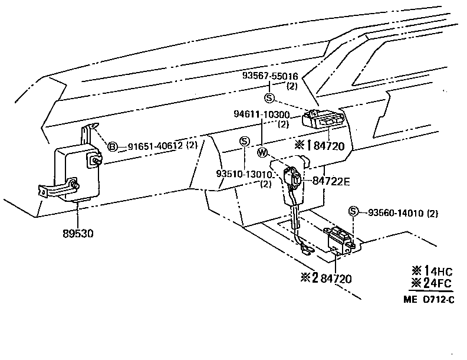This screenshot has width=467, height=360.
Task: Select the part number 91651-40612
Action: coord(153,146)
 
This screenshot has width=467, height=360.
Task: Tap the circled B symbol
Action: coord(111,146)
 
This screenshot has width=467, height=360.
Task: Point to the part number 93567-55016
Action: coord(270,76)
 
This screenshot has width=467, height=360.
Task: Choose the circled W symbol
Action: coord(262,152)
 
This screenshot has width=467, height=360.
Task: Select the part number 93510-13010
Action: coord(244,174)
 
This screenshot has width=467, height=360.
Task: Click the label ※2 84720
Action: coord(325,278)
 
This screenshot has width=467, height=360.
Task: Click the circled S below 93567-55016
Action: coord(269,99)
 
